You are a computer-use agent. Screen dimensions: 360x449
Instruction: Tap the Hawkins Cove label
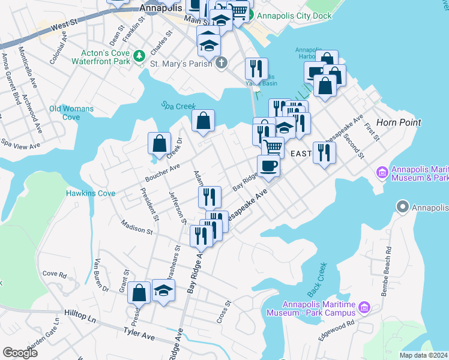pyautogui.click(x=83, y=193)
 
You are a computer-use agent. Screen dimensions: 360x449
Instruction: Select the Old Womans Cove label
pyautogui.click(x=71, y=113)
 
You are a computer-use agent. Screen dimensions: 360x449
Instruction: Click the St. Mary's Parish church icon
pyautogui.click(x=221, y=62)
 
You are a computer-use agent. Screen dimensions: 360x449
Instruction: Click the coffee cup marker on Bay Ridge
pyautogui.click(x=268, y=166)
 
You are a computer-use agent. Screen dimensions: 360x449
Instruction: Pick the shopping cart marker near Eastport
pyautogui.click(x=273, y=146)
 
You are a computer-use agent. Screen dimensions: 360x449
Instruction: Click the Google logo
pyautogui.click(x=20, y=353)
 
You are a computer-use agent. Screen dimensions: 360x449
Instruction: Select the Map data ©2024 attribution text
pyautogui.click(x=424, y=355)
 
